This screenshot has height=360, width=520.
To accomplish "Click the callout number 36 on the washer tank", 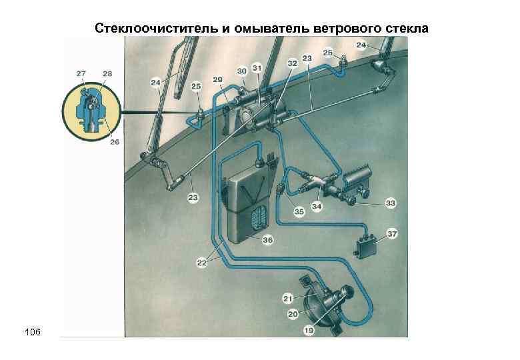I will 267,239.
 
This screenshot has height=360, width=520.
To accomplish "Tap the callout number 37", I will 393,233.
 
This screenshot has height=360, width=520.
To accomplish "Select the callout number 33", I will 390,203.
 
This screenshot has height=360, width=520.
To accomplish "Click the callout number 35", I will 299,212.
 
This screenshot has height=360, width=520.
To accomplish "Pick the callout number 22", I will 202,263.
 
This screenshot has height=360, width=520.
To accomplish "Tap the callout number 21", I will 287,297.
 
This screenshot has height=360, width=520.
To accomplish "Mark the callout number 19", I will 291,329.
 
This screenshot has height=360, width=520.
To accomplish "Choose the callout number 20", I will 292,313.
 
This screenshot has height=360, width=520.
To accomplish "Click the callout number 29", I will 217,79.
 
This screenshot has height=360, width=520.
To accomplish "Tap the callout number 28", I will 107,72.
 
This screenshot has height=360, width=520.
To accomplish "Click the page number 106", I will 33,331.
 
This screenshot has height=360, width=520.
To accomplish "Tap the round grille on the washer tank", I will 259,217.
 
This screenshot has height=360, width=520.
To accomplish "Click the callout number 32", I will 292,62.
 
